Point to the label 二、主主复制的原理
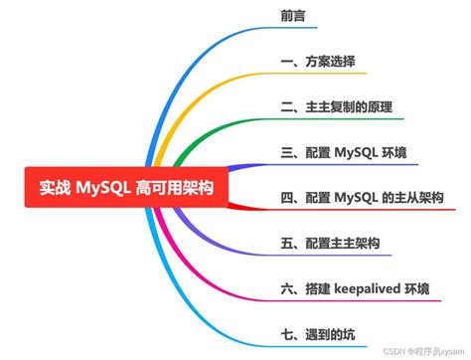pos(335,107)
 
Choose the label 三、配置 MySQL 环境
pos(343,152)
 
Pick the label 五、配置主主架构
pos(330,244)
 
